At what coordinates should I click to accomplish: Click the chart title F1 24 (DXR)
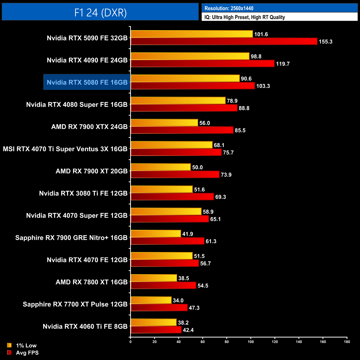pyautogui.click(x=100, y=12)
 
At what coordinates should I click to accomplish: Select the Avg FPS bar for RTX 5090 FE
pyautogui.click(x=224, y=42)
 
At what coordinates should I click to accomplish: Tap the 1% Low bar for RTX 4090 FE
pyautogui.click(x=190, y=56)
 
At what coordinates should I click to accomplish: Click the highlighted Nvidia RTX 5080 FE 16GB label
pyautogui.click(x=87, y=82)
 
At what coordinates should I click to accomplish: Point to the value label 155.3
pyautogui.click(x=325, y=42)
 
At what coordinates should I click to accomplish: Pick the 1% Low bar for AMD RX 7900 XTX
pyautogui.click(x=164, y=123)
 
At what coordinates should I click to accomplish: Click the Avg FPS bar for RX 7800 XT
pyautogui.click(x=163, y=286)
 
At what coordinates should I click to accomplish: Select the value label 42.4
pyautogui.click(x=188, y=330)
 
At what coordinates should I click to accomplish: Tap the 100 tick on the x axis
pyautogui.click(x=251, y=342)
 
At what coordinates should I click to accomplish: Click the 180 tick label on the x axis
pyautogui.click(x=347, y=342)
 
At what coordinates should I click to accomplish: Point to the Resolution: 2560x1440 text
pyautogui.click(x=229, y=8)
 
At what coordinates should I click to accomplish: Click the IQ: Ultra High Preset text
pyautogui.click(x=245, y=17)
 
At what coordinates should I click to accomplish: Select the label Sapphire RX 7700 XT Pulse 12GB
pyautogui.click(x=75, y=304)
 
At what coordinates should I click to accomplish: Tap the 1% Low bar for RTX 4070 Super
pyautogui.click(x=166, y=212)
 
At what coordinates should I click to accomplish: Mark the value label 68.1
pyautogui.click(x=219, y=145)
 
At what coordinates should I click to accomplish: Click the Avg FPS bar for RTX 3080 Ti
pyautogui.click(x=172, y=197)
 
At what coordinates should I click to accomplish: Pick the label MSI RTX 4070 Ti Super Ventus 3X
pyautogui.click(x=65, y=149)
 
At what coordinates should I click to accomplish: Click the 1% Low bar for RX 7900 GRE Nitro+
pyautogui.click(x=156, y=234)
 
